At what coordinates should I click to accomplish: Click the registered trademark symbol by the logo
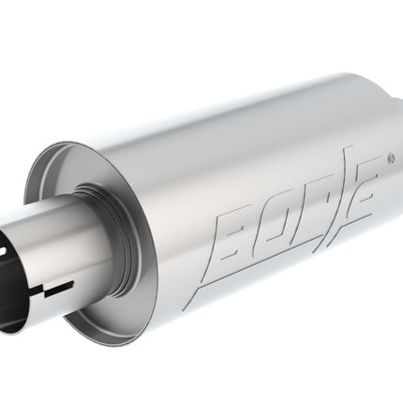coord(391,158)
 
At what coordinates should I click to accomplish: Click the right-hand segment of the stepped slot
coord(59,288)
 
